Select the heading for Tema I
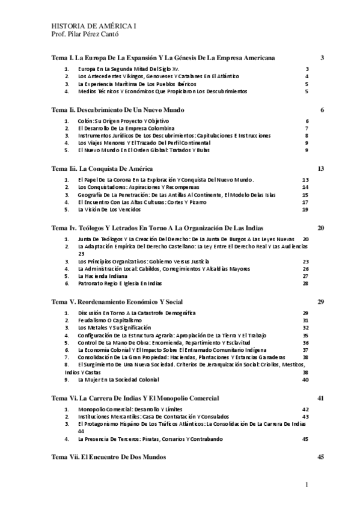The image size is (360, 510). pos(163,58)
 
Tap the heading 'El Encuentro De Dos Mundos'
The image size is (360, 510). pos(105,457)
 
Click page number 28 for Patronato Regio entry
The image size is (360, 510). pos(305,283)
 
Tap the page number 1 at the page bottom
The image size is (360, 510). pos(307,485)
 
